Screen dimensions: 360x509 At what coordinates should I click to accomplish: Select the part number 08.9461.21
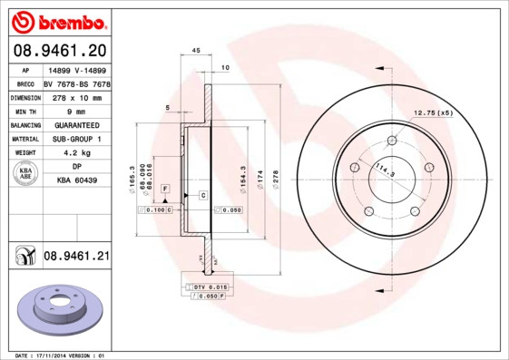pos(76,257)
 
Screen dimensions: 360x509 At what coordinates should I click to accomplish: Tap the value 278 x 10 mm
pos(75,95)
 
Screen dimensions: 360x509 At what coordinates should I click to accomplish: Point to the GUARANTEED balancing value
pos(75,124)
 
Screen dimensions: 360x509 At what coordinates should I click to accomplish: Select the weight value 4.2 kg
pos(75,153)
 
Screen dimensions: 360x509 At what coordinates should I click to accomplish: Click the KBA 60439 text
pos(75,181)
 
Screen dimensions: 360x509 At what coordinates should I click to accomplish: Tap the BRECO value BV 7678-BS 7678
pos(75,82)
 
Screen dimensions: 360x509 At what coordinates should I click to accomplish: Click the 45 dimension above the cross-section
pos(195,52)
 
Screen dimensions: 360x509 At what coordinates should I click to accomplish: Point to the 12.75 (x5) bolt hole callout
pos(433,112)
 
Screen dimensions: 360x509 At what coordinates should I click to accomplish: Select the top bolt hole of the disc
pos(392,141)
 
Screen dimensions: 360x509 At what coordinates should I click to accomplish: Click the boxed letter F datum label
pos(165,187)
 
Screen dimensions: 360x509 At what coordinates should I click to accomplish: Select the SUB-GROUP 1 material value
pos(75,139)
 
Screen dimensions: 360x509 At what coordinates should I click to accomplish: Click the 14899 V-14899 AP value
pos(75,68)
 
